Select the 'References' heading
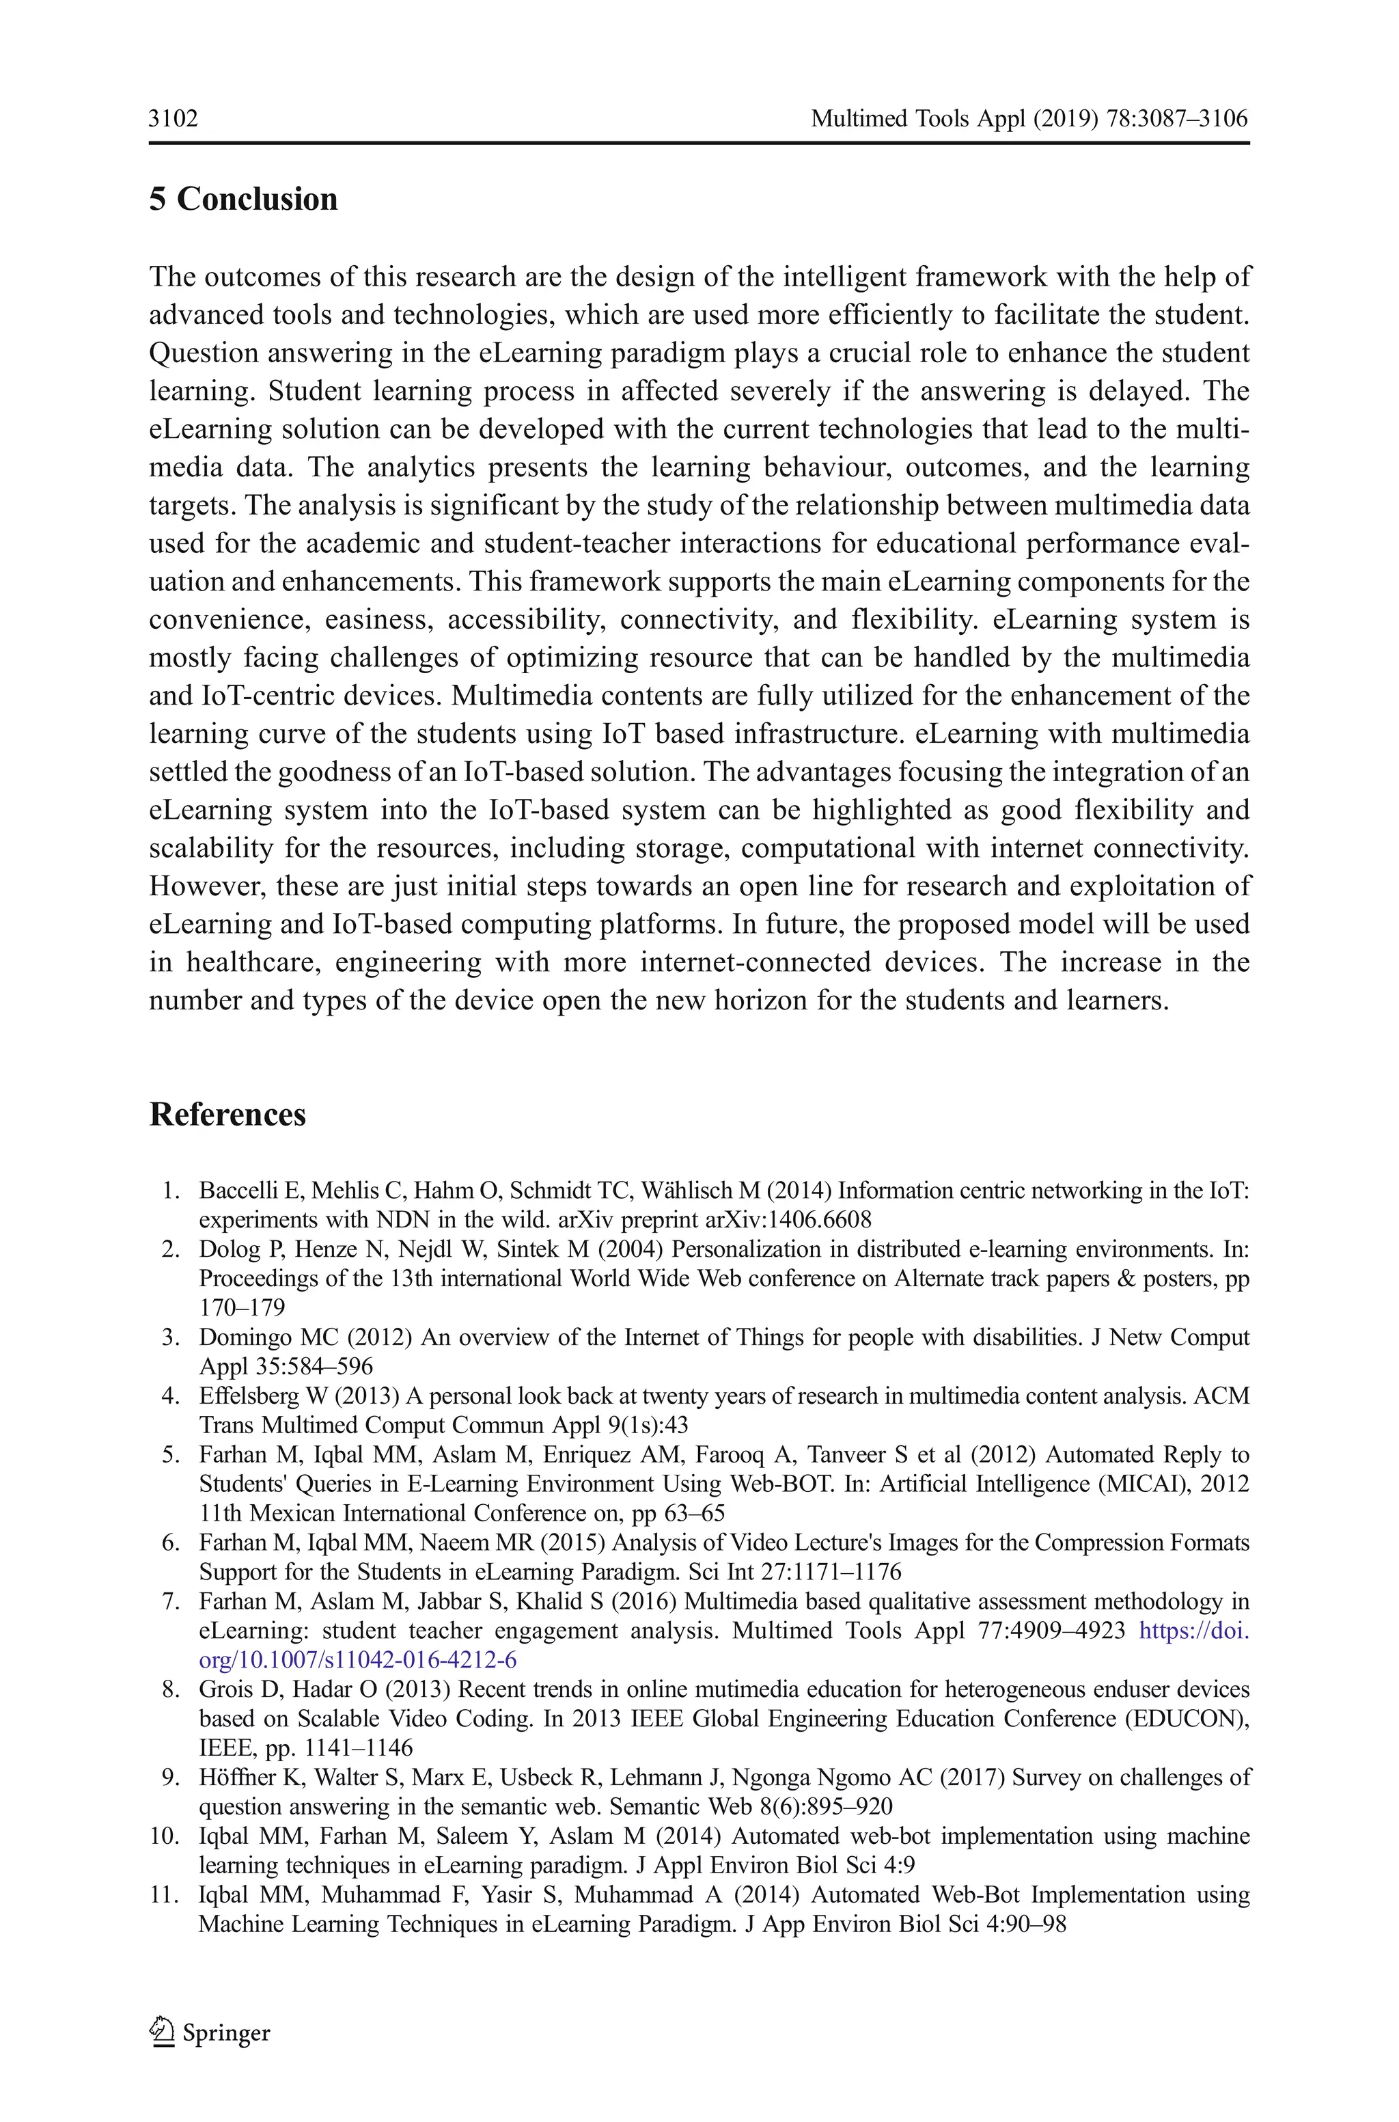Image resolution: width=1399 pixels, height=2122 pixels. point(227,1115)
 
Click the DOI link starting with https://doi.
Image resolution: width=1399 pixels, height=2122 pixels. point(1194,1631)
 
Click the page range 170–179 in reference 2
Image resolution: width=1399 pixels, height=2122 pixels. point(242,1307)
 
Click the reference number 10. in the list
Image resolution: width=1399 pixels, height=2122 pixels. point(167,1836)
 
